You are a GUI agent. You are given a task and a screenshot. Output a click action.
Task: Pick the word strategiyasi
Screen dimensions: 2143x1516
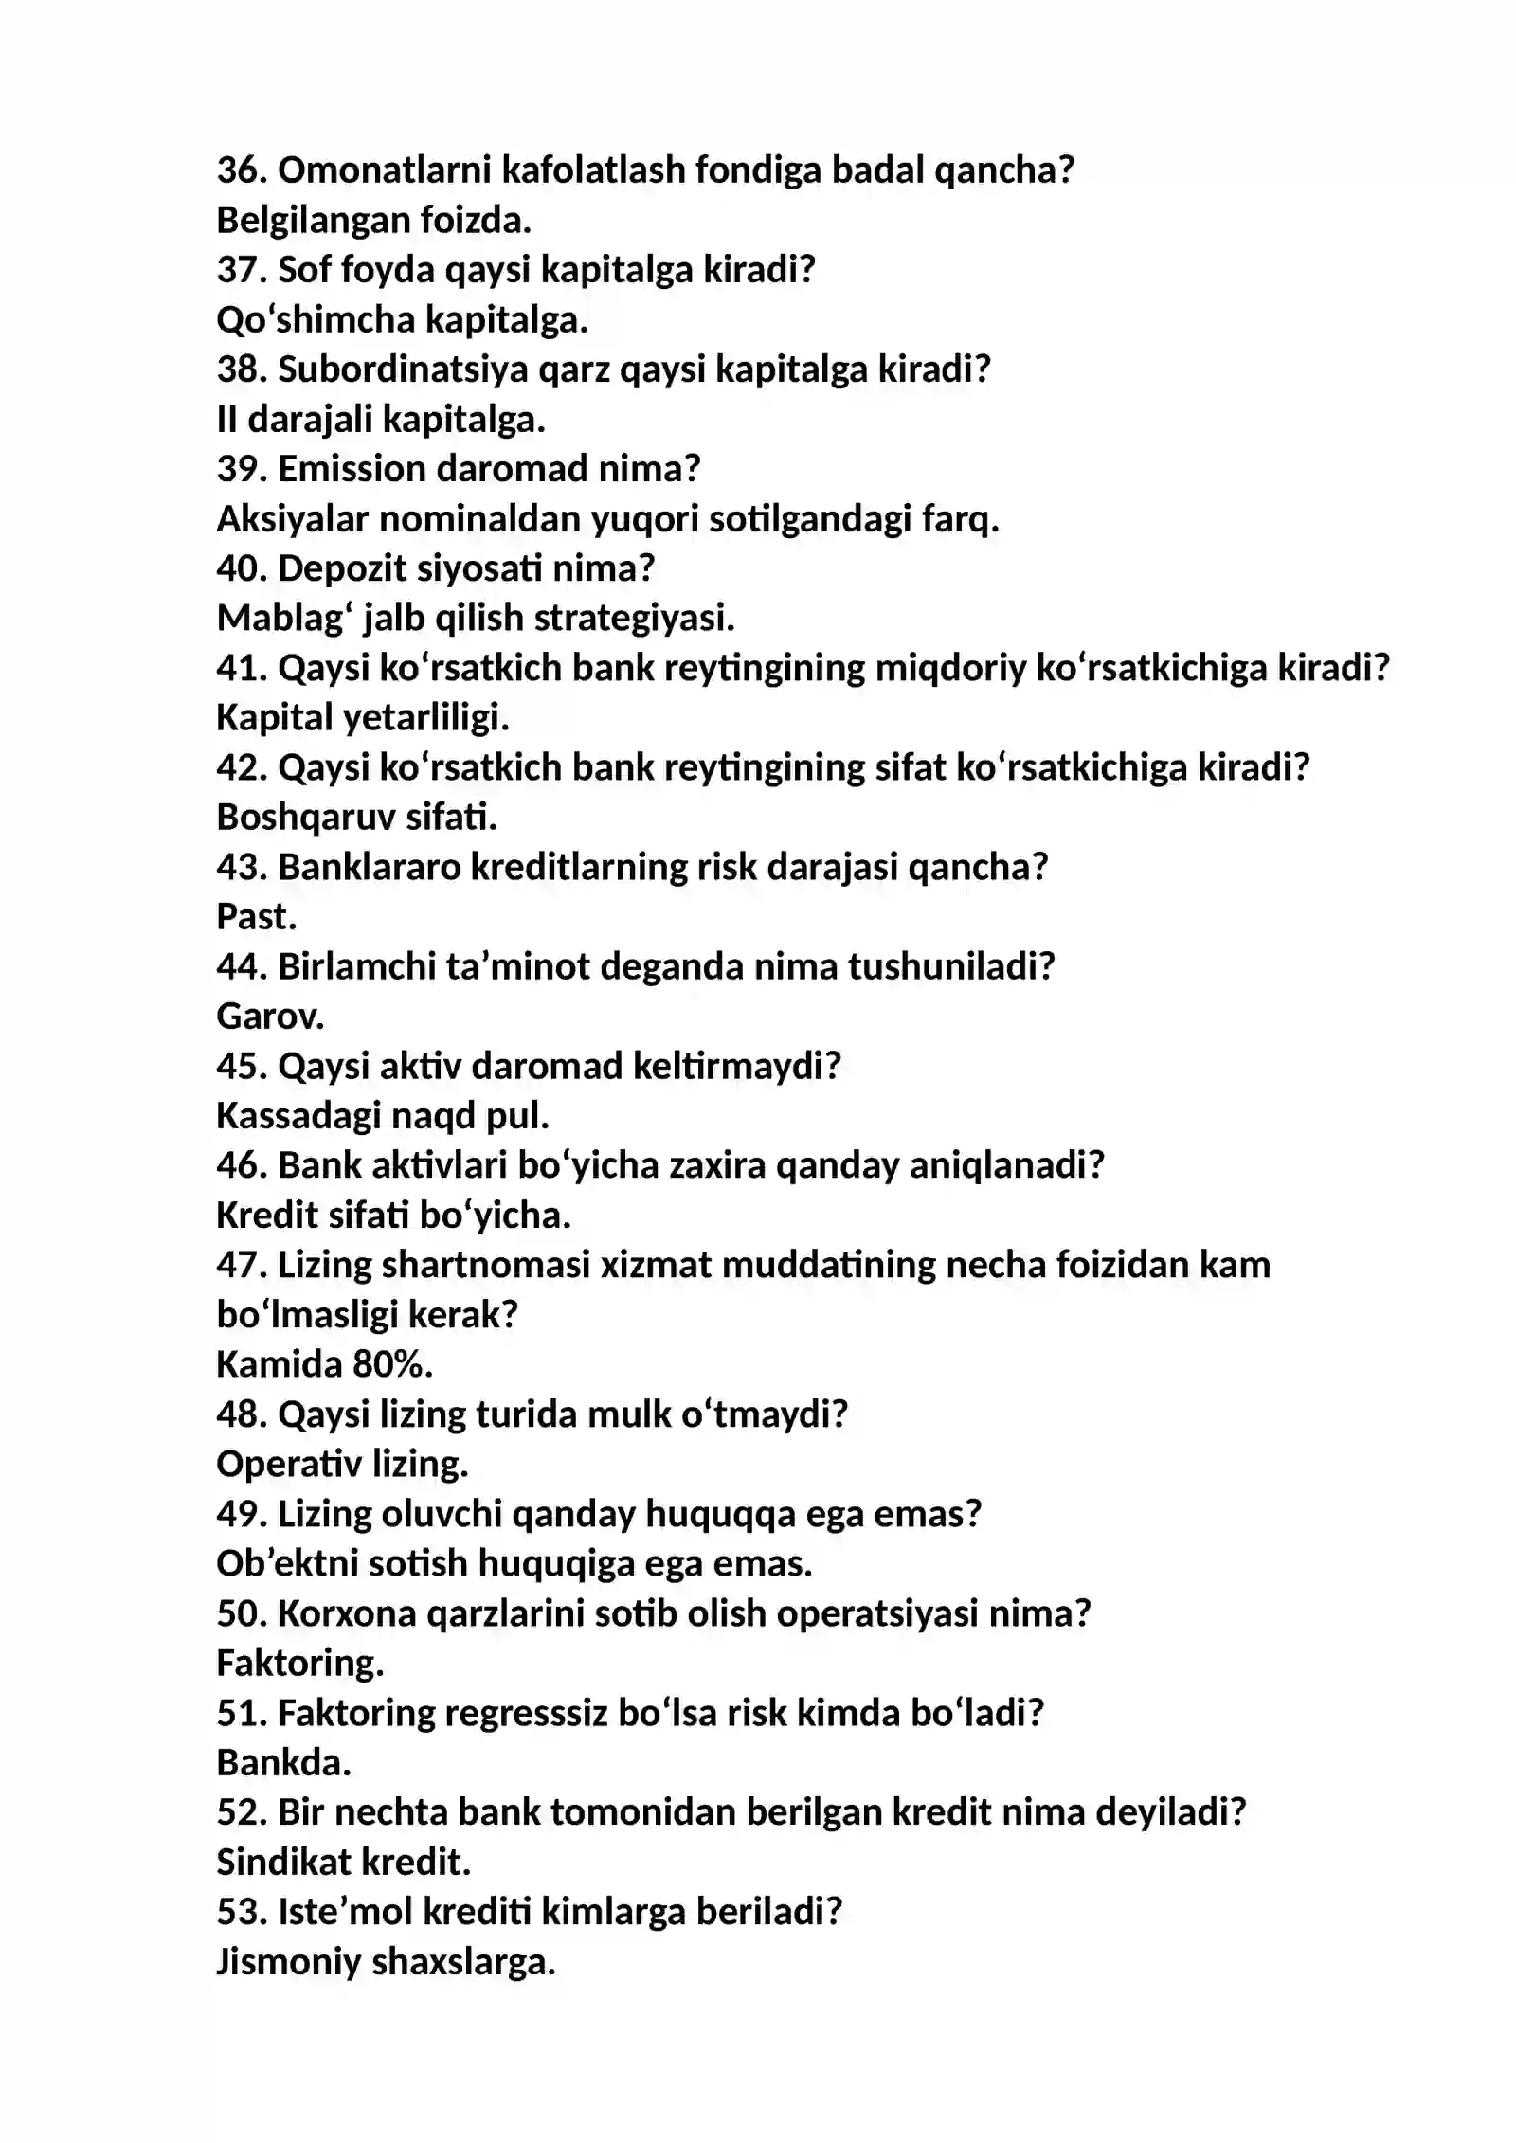pos(634,619)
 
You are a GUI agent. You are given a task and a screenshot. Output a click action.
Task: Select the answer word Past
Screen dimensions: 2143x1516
pos(256,917)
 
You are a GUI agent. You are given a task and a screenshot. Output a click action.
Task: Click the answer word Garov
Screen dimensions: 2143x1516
pos(270,1017)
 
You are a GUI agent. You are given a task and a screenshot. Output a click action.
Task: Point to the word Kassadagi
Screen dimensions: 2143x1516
pos(298,1116)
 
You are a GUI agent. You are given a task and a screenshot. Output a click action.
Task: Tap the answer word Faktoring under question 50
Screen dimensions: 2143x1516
pos(299,1664)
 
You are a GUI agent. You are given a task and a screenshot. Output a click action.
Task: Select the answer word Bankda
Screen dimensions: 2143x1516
pos(283,1763)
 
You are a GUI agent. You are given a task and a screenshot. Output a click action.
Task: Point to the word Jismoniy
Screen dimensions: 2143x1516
pos(288,1962)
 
